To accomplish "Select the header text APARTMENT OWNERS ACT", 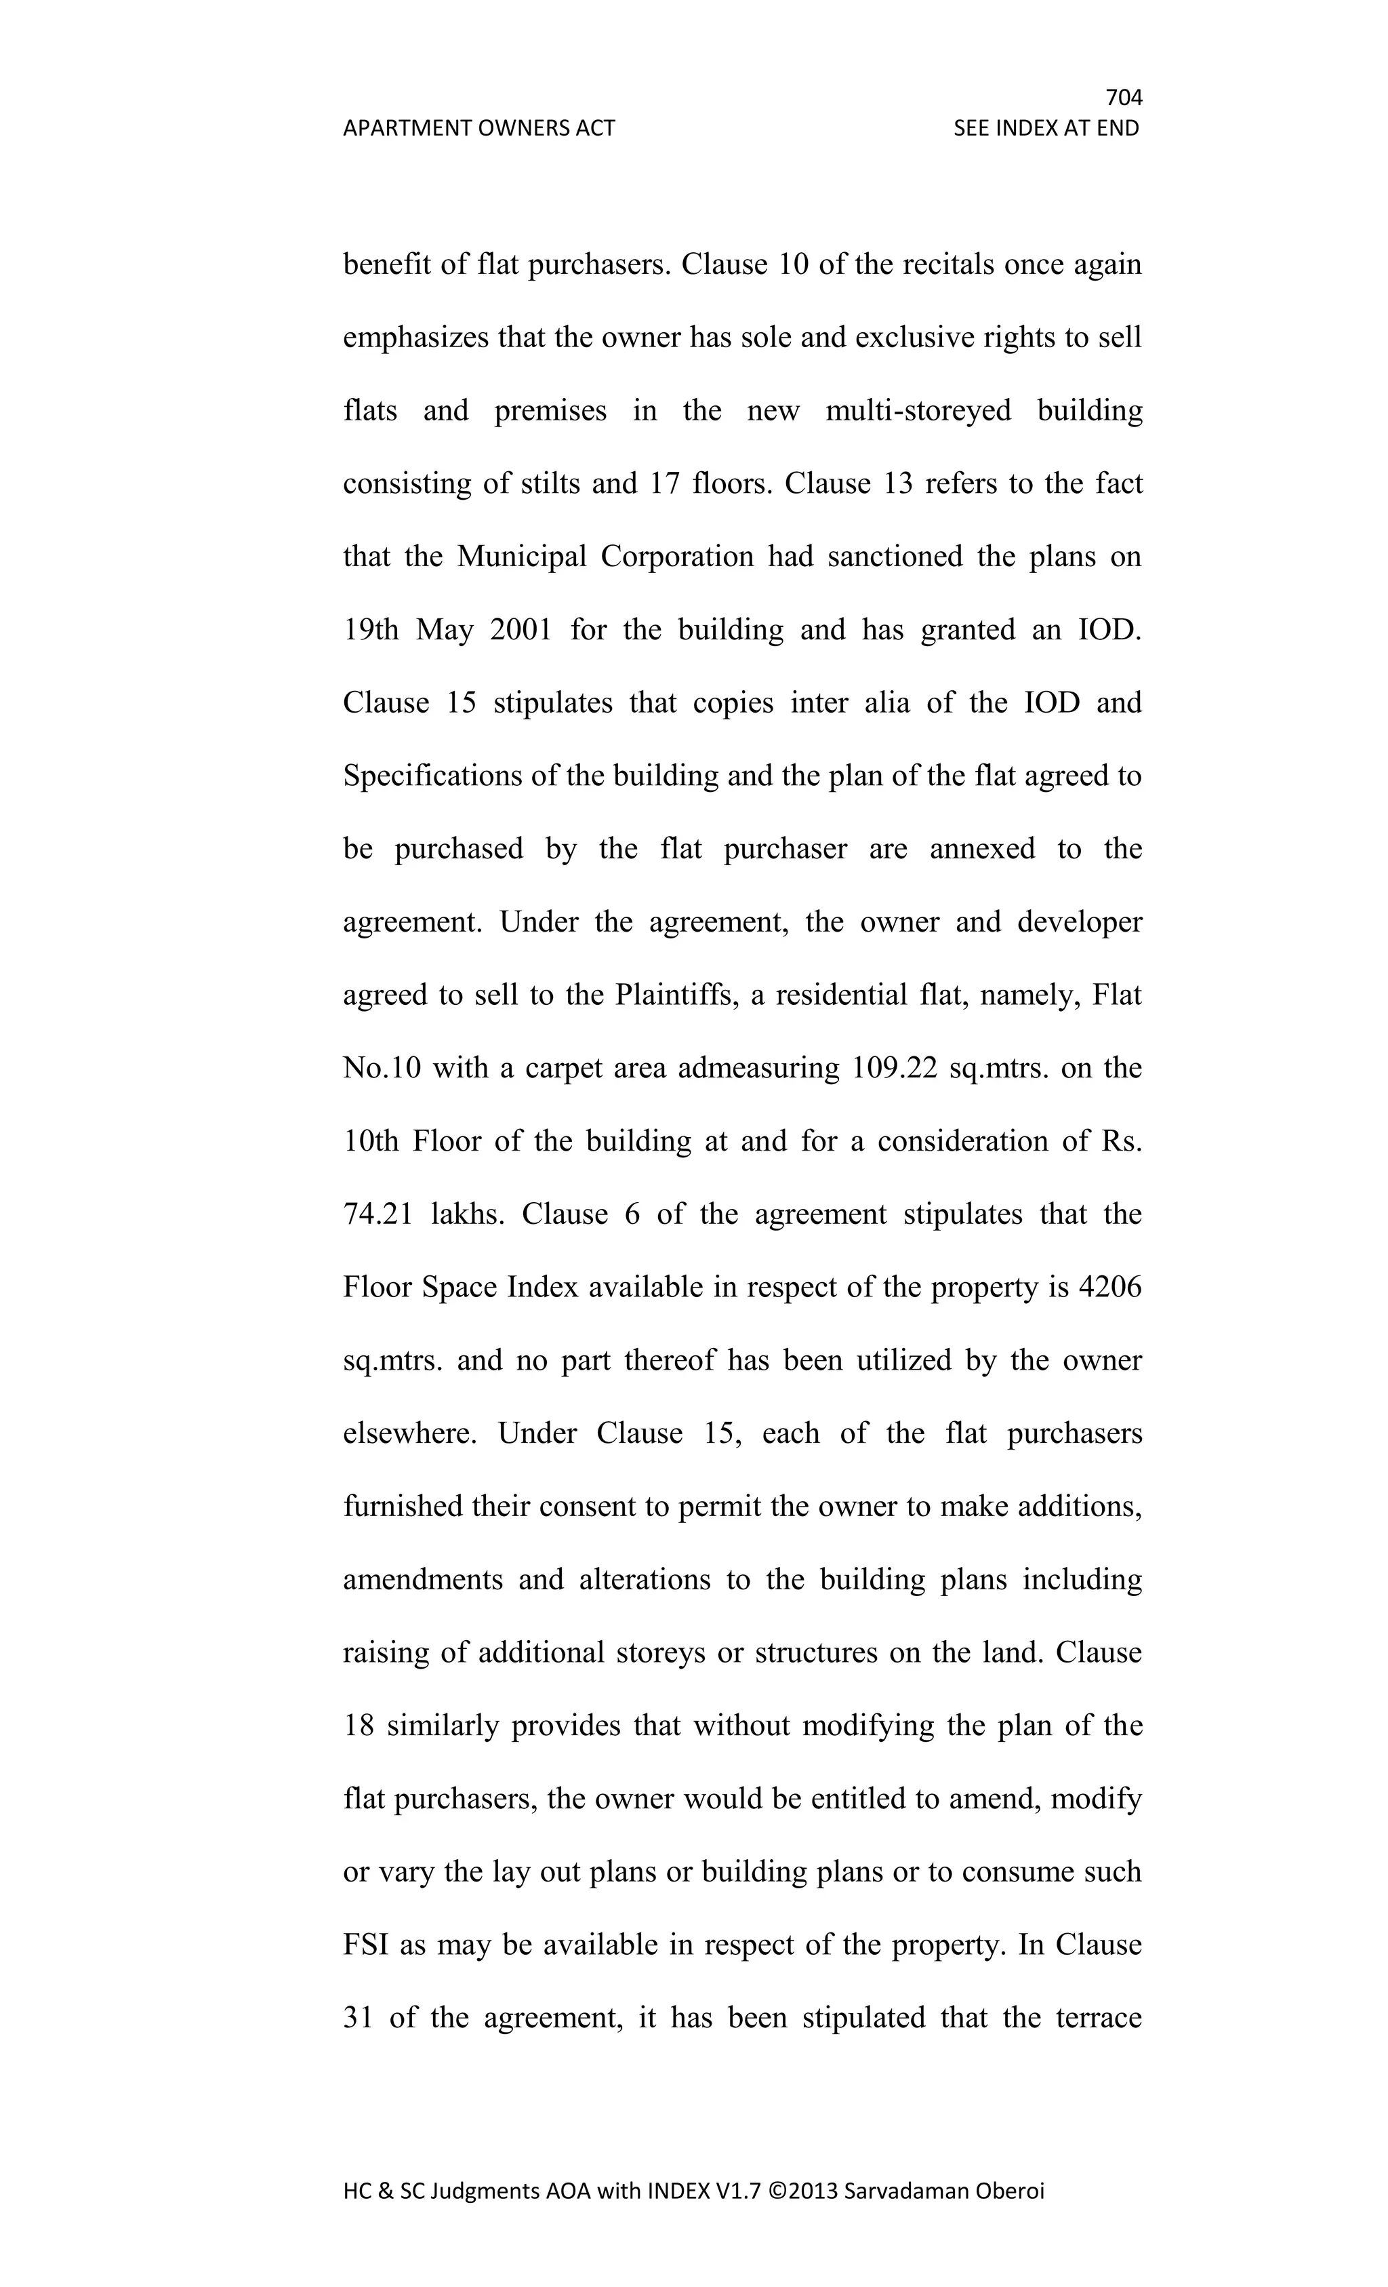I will point(478,128).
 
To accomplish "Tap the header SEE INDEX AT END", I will point(1046,128).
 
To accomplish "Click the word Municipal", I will point(521,557).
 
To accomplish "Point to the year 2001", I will point(520,630).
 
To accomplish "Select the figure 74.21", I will point(377,1215).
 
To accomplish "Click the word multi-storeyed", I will point(918,410).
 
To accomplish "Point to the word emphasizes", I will point(415,338).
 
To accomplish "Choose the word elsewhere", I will point(410,1434).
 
